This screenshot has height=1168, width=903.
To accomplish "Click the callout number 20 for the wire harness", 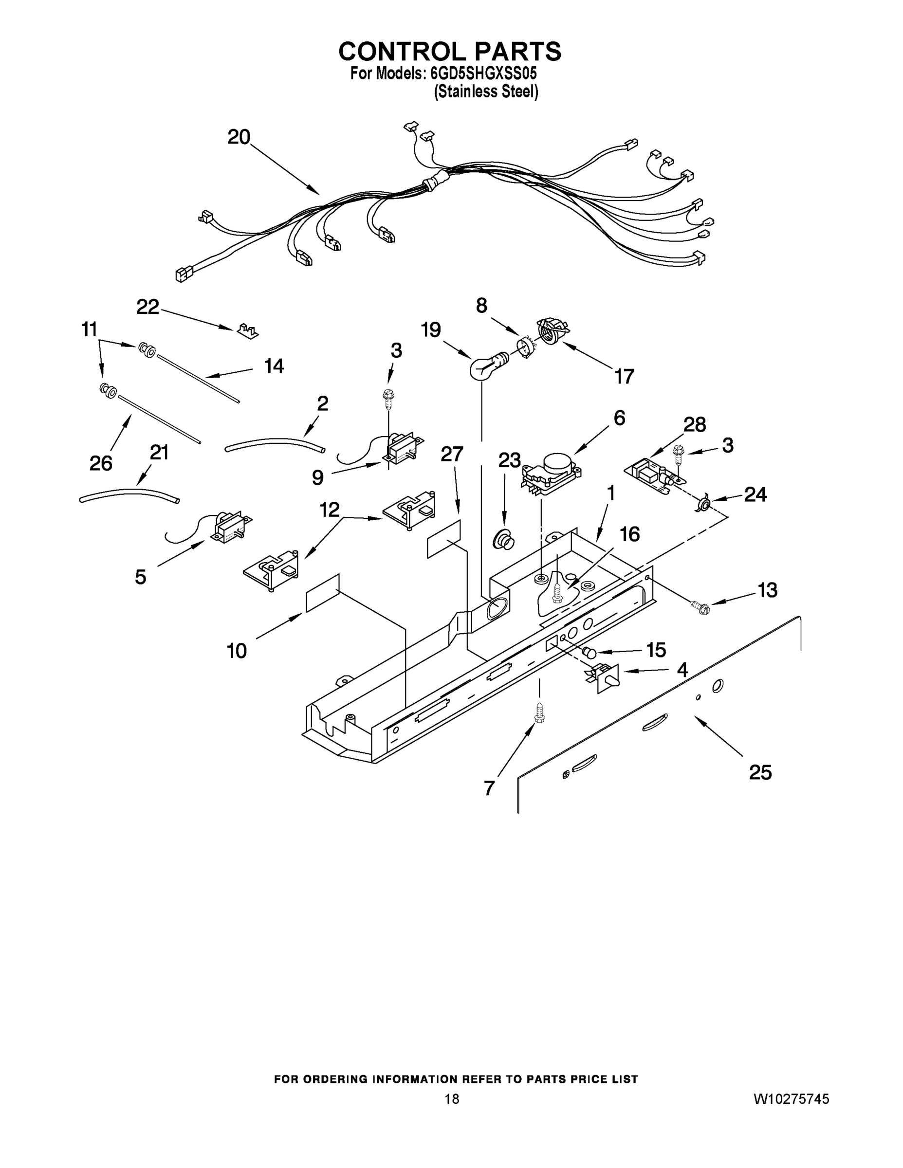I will [239, 137].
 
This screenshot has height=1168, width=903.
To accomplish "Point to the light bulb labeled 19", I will [485, 367].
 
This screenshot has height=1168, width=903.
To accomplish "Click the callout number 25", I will [759, 772].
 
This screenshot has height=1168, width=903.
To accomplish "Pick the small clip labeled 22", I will [248, 331].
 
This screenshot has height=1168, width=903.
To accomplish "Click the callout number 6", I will [619, 418].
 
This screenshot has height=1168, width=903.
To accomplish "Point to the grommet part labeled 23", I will [503, 539].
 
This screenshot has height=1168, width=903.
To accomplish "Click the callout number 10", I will [237, 651].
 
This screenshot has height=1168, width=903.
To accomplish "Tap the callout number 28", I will [694, 425].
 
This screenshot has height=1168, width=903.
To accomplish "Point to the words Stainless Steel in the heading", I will [486, 92].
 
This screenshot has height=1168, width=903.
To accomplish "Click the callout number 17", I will [624, 377].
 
